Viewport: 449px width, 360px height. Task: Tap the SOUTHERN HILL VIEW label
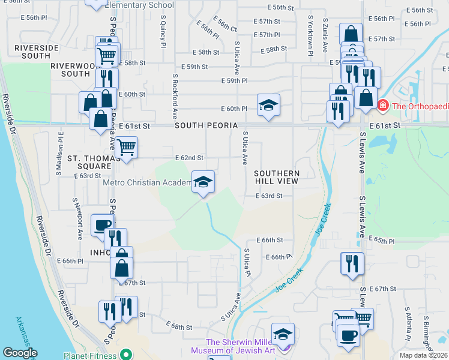click(x=277, y=176)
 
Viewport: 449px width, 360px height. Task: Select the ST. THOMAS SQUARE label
click(x=89, y=161)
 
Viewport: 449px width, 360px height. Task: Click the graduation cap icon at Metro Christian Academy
click(x=203, y=182)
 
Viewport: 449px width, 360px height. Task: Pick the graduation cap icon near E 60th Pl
click(x=268, y=106)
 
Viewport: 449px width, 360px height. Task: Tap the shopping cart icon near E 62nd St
click(x=126, y=148)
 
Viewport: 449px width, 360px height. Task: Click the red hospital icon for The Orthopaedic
click(x=382, y=106)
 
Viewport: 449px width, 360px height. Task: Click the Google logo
click(x=20, y=353)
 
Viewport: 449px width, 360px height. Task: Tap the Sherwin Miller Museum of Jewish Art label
click(x=241, y=346)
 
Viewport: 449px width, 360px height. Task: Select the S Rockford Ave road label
click(x=175, y=95)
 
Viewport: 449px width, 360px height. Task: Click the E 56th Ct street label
click(x=224, y=25)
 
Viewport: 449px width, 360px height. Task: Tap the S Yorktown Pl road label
click(x=310, y=36)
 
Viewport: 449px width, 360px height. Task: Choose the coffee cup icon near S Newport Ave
click(x=101, y=225)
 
